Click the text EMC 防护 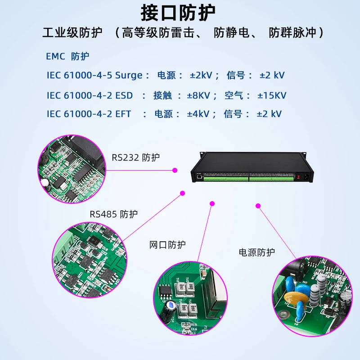click(x=67, y=56)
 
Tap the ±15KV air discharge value click(x=272, y=95)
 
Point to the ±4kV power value click(x=198, y=114)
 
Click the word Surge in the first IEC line click(x=129, y=75)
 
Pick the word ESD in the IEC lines click(x=124, y=95)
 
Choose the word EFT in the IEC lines click(x=123, y=114)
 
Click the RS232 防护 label click(x=135, y=157)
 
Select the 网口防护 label click(x=167, y=245)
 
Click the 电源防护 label click(x=256, y=252)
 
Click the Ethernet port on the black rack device click(x=198, y=177)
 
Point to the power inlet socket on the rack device click(x=306, y=177)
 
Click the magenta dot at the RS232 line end click(x=175, y=170)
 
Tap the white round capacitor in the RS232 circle click(x=45, y=184)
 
